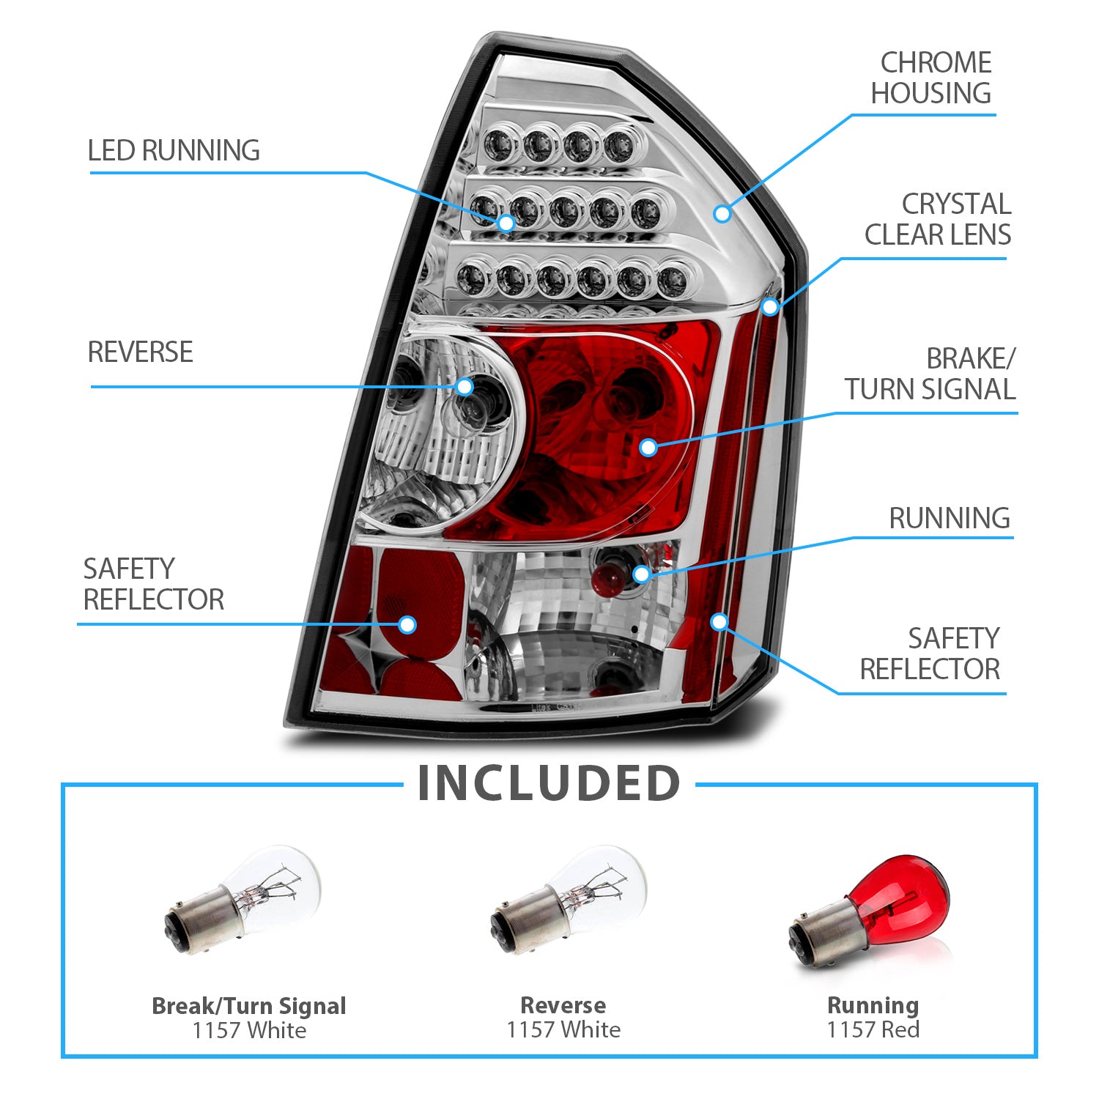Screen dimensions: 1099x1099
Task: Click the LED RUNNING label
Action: pos(174,150)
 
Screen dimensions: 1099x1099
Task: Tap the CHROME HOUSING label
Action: pos(931,78)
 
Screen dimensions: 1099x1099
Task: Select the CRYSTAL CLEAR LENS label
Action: pos(938,219)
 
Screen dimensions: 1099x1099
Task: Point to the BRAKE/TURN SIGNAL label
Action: pos(930,374)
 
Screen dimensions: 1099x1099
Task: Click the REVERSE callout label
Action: pos(141,352)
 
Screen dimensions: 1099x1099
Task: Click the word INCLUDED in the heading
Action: pos(549,783)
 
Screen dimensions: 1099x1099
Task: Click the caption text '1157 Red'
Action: pos(873,1030)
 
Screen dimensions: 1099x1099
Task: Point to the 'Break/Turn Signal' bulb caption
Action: pos(249,1006)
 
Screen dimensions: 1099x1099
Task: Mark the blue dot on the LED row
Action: pos(506,222)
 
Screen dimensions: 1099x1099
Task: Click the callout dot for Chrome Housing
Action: pos(722,213)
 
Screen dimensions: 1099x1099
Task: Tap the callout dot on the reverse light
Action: pos(465,386)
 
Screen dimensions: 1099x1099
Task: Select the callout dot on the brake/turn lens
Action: pos(648,447)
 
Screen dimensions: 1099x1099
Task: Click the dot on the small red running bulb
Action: pos(641,574)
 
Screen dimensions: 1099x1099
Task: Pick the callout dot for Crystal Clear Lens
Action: pos(769,306)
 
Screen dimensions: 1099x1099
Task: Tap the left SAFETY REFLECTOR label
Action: pos(154,584)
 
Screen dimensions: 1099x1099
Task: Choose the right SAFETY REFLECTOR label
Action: pos(930,654)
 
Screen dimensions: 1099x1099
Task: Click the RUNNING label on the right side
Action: pos(950,518)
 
